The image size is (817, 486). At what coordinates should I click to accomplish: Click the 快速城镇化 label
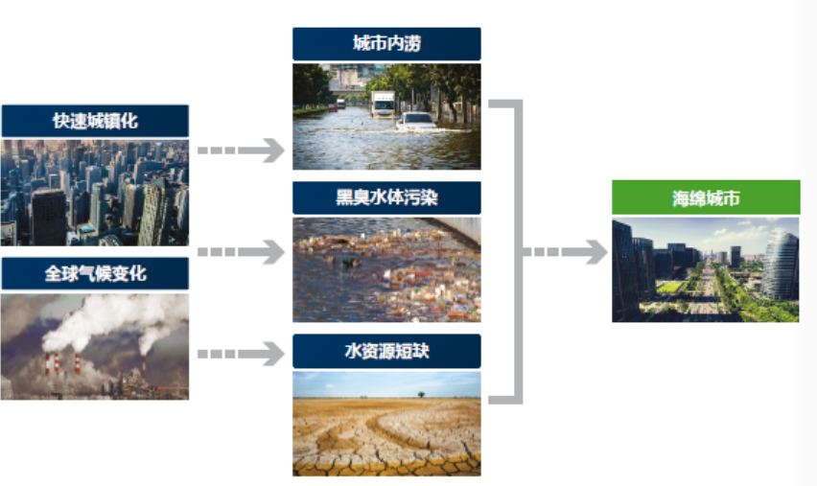tap(95, 121)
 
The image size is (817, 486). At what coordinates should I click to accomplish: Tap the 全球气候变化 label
tap(95, 273)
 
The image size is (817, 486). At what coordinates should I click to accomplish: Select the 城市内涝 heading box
tap(386, 44)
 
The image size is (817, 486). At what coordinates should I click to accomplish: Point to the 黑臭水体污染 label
tap(386, 197)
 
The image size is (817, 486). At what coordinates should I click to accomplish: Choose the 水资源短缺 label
tap(386, 351)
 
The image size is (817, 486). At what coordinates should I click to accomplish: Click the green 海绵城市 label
tap(706, 197)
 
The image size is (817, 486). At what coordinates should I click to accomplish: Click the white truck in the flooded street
tap(383, 104)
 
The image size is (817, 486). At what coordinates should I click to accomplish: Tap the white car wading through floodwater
tap(416, 122)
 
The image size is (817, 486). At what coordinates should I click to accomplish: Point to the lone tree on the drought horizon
tap(421, 394)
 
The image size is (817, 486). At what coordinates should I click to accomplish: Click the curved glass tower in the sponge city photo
tap(780, 266)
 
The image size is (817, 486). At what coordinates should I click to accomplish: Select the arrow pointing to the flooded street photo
tap(242, 150)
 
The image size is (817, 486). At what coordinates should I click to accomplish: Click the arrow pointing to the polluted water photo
tap(242, 252)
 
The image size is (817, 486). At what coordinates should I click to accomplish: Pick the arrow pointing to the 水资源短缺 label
tap(242, 354)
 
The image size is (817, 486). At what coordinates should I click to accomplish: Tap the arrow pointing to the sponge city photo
tap(566, 252)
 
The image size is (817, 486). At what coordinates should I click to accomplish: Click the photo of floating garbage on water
tap(386, 269)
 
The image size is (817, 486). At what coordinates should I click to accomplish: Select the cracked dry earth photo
tap(386, 424)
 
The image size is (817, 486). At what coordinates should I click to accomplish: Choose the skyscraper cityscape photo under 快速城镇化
tap(95, 193)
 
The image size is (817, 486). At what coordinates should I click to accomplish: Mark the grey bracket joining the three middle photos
tap(519, 252)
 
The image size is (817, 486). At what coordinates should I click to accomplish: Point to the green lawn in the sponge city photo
tap(669, 287)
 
